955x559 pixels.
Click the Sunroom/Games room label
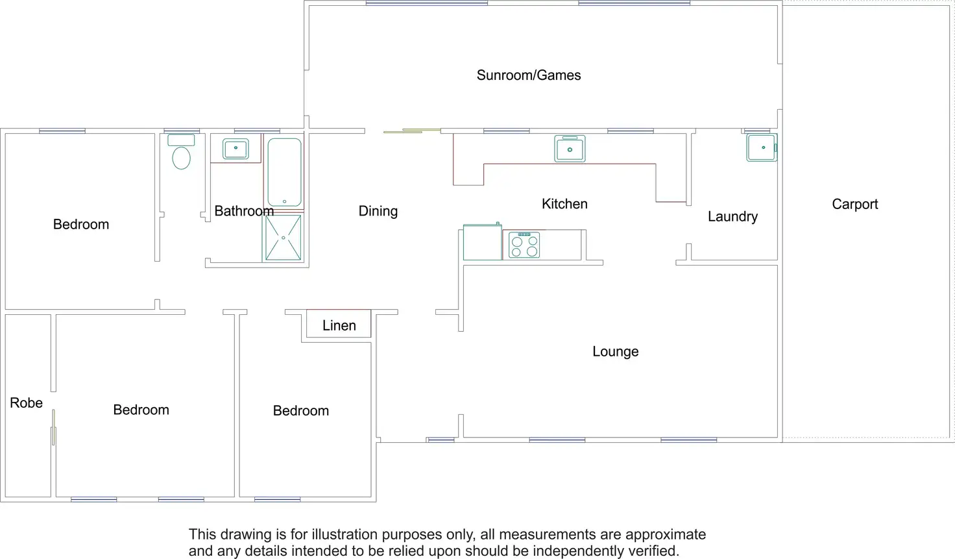(x=528, y=75)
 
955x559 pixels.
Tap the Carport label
(x=854, y=205)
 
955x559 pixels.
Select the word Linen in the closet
(x=339, y=326)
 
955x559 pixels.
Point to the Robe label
(x=26, y=403)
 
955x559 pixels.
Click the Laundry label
(x=732, y=217)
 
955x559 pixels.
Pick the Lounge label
(x=615, y=352)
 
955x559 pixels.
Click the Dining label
(x=378, y=211)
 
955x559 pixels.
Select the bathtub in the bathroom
(x=284, y=172)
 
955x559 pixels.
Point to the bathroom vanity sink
(x=236, y=149)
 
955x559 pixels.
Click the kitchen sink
(x=570, y=149)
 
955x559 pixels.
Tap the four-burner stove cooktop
(x=524, y=245)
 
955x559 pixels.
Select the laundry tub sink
(x=762, y=147)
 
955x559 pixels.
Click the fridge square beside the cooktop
(x=482, y=243)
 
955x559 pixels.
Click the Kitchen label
(x=564, y=204)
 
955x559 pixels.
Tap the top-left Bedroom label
(x=81, y=225)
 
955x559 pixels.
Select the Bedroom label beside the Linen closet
(x=300, y=411)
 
